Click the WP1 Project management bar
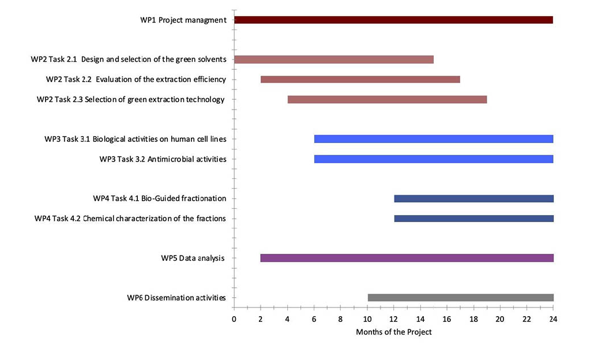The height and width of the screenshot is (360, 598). tap(393, 20)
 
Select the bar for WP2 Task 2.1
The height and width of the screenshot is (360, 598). tap(333, 59)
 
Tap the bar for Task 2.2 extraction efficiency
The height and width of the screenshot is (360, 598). tap(360, 80)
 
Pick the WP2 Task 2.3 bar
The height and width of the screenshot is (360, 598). tap(387, 100)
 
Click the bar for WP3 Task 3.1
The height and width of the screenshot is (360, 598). tap(434, 139)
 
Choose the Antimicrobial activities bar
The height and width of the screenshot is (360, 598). tap(434, 159)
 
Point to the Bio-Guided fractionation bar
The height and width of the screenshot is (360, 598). tap(473, 199)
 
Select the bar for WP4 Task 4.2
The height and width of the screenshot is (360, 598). tap(473, 219)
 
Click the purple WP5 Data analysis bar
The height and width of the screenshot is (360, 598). tap(407, 258)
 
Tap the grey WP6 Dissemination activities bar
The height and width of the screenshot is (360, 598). tap(460, 298)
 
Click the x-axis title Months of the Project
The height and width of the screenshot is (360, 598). tap(393, 332)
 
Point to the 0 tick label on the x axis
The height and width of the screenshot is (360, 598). tap(234, 319)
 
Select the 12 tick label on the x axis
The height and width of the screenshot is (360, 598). tap(393, 319)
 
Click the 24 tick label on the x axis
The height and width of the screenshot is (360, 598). tap(553, 319)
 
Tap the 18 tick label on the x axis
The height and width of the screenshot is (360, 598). tap(473, 319)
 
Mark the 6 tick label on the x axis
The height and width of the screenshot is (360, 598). tap(314, 319)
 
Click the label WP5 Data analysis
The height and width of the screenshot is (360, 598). tap(193, 258)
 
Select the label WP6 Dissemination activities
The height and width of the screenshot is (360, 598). tap(176, 298)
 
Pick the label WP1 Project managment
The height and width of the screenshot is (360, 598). tap(183, 20)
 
